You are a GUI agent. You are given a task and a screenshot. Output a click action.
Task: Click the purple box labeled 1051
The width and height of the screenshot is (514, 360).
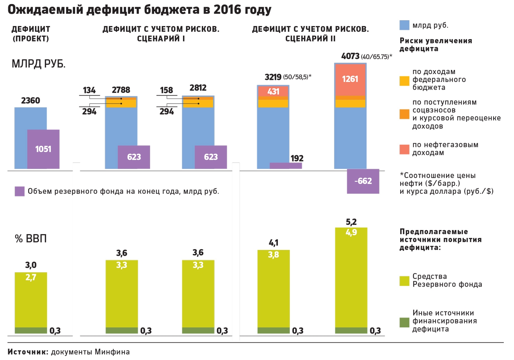point(43,149)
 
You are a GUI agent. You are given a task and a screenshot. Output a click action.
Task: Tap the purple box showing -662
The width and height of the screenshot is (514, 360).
point(363,181)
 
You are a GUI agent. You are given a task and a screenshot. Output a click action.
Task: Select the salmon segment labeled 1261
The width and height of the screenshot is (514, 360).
point(350,79)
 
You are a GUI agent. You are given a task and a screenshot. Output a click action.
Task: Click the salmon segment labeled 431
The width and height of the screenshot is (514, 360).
point(273,92)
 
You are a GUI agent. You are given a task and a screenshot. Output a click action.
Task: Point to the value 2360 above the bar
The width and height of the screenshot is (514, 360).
point(30,100)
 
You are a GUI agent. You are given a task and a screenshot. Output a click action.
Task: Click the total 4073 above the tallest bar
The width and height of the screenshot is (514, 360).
point(350,56)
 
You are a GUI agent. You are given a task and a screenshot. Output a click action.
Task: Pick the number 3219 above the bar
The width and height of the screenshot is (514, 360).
point(273,77)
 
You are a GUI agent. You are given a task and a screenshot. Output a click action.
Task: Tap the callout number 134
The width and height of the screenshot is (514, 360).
point(89,90)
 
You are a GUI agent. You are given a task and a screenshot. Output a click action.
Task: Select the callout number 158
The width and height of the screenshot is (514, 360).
point(167,90)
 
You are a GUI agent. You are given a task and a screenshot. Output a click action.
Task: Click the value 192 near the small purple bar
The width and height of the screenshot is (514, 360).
point(297,158)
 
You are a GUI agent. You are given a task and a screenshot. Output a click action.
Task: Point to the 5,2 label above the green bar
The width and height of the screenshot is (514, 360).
point(351,222)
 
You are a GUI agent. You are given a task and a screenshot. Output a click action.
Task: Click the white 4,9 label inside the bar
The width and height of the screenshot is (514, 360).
point(351,232)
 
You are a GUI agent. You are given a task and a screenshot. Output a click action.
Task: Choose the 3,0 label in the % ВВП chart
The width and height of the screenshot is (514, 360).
point(30,265)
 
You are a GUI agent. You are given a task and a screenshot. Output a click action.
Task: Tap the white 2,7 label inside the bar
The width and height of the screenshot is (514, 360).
point(30,277)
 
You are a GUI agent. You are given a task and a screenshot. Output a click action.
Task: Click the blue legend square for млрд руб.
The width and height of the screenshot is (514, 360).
point(404,25)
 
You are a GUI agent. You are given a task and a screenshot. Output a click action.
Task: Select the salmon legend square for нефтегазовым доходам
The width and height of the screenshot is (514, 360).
point(404,149)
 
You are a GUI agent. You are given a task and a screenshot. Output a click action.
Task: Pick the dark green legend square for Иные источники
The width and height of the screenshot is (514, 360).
point(404,322)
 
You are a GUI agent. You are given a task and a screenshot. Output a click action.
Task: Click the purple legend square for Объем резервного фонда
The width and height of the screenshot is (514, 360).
point(20,191)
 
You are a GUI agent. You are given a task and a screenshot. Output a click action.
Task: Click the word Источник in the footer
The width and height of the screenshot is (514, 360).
point(28,352)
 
